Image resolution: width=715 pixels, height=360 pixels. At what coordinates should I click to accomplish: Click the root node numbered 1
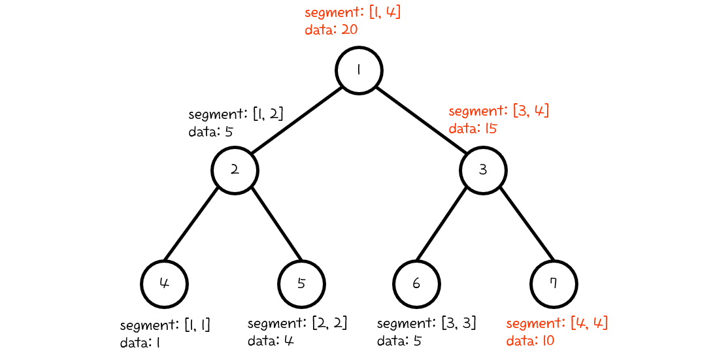(x=359, y=70)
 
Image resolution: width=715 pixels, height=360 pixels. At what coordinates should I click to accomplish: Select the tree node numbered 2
(x=235, y=170)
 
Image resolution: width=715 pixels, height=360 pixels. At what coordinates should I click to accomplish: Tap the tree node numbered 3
(x=483, y=170)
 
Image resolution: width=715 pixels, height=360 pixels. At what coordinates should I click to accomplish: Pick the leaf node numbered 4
(x=165, y=284)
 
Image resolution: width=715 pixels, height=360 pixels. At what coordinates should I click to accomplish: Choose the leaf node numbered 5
(x=301, y=284)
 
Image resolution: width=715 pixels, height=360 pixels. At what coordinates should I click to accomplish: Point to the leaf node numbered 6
(x=416, y=284)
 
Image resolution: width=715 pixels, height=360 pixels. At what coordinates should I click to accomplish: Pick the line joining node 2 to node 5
(x=276, y=222)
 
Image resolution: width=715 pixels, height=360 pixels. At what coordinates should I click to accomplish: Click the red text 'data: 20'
(x=331, y=29)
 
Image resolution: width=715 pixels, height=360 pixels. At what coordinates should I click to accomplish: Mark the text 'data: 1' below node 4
(x=140, y=342)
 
